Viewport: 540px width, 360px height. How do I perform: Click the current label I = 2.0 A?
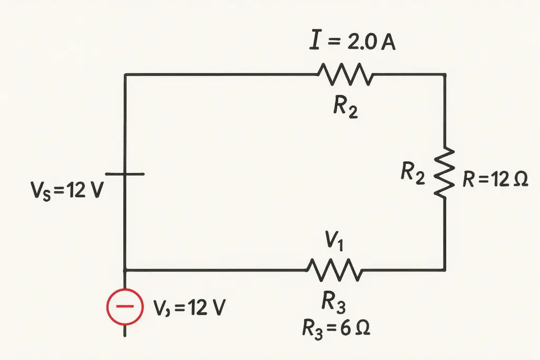(x=352, y=42)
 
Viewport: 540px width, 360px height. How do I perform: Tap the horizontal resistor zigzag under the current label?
(x=345, y=74)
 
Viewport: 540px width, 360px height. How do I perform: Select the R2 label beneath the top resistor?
(x=345, y=107)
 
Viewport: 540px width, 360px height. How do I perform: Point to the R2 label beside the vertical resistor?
(x=412, y=173)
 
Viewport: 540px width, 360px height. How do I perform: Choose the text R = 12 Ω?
(x=495, y=179)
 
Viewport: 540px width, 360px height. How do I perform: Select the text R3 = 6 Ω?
(x=336, y=328)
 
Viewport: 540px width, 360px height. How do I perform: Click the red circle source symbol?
(x=124, y=307)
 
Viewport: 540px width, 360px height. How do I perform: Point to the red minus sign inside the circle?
(x=124, y=306)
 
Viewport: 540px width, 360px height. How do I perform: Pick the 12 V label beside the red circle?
(x=189, y=307)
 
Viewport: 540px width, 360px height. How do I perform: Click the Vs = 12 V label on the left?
(x=67, y=190)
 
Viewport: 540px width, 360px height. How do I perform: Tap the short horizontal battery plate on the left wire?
(x=124, y=174)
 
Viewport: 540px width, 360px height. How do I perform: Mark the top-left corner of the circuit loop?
(x=125, y=74)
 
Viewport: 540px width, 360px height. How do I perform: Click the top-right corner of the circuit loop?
(x=445, y=74)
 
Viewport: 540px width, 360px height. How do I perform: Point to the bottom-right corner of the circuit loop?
(x=445, y=270)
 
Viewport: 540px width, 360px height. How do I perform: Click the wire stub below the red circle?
(x=124, y=330)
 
